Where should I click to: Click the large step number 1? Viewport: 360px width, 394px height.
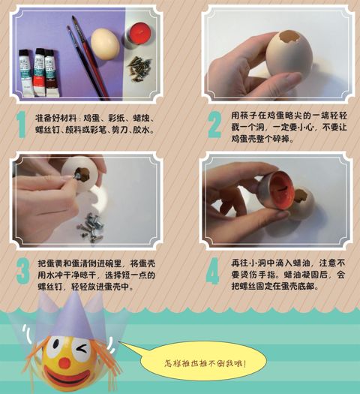(20, 124)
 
